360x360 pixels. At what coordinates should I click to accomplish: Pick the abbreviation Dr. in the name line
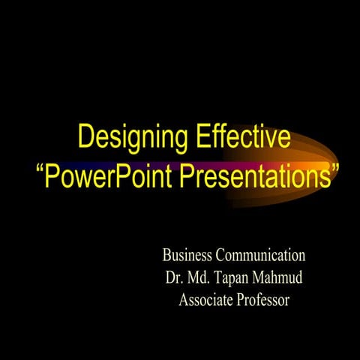tap(173, 277)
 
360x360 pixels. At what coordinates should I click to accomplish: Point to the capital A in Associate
tap(184, 301)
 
